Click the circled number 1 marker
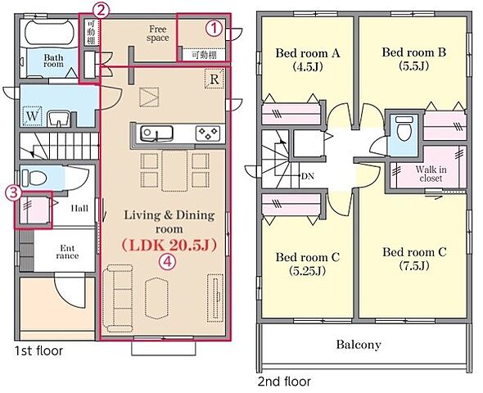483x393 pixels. [214, 29]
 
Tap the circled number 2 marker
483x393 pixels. [102, 11]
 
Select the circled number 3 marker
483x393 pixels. [14, 193]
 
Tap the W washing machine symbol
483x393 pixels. [33, 115]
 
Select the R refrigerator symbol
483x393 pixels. [214, 79]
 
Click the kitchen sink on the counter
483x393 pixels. [156, 133]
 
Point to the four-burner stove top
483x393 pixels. [208, 133]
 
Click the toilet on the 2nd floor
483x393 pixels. [404, 128]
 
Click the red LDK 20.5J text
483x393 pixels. [169, 245]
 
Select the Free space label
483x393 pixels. [158, 34]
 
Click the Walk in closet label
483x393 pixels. [431, 174]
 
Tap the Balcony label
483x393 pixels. [359, 345]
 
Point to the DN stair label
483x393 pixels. [308, 176]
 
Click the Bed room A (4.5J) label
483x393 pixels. [308, 60]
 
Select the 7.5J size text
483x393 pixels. [414, 265]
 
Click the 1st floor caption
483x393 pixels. [38, 350]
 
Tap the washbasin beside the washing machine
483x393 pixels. [59, 119]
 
